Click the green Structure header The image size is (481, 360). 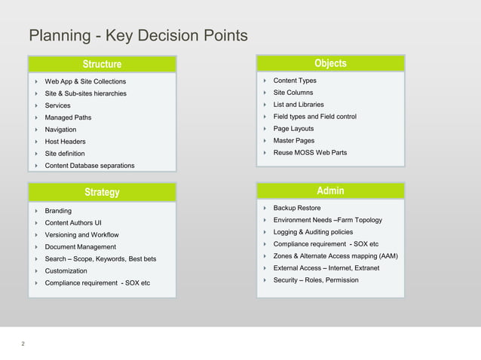102,64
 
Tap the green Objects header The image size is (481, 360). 330,63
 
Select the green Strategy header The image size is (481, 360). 102,192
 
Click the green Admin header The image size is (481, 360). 330,191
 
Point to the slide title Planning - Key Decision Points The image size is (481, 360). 138,35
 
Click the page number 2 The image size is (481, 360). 23,344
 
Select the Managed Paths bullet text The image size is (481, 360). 68,117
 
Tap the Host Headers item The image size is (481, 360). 65,142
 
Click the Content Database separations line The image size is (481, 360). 90,166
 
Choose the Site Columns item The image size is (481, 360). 294,93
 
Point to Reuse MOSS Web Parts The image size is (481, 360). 310,153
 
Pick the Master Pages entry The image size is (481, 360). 294,141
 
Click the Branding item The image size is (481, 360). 58,211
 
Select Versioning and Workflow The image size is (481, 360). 82,235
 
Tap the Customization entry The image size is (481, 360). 66,271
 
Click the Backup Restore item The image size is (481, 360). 297,208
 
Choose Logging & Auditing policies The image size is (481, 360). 313,232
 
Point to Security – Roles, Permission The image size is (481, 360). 316,280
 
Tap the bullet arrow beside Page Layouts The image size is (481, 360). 265,129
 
